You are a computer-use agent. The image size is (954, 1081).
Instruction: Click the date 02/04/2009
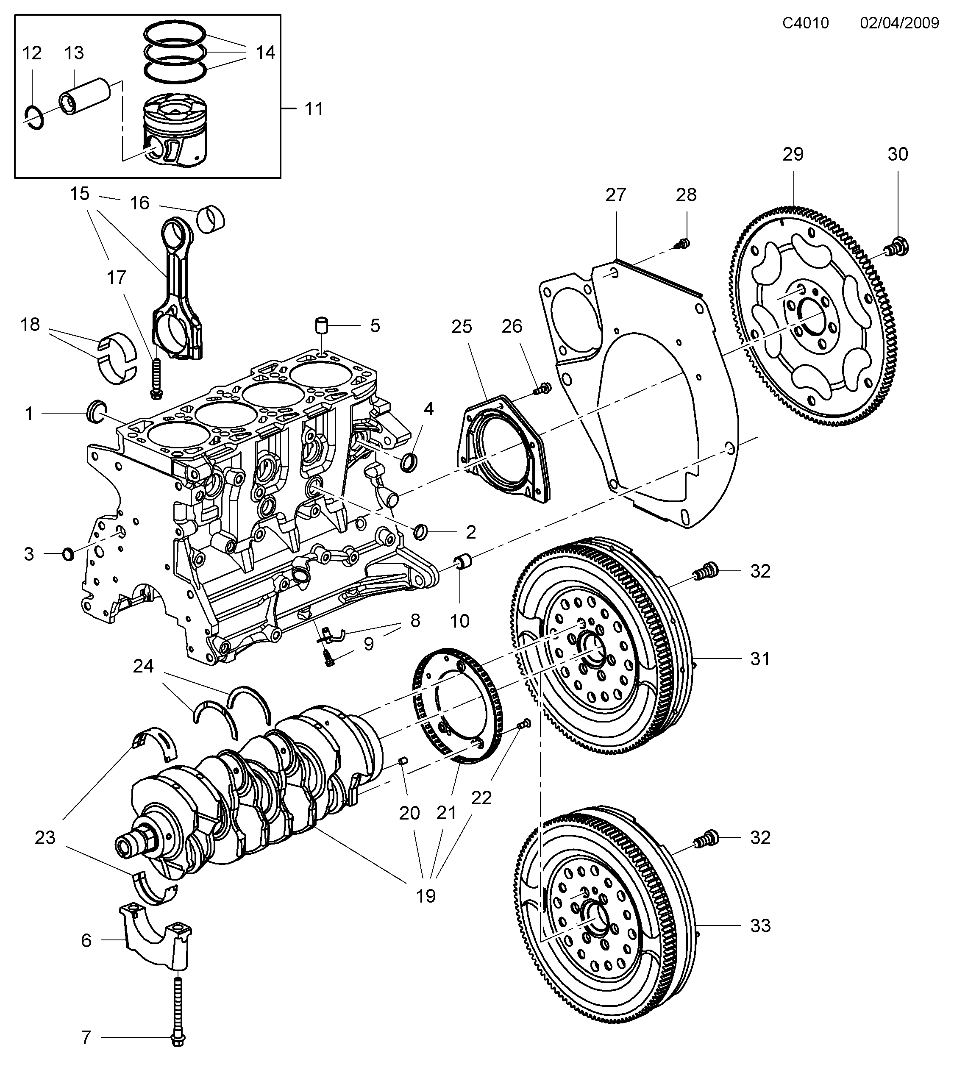coord(899,23)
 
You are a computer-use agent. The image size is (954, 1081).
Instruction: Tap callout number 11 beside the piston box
coord(314,109)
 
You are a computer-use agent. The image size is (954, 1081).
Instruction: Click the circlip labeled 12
coord(34,118)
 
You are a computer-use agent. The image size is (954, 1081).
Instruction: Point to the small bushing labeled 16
coord(211,217)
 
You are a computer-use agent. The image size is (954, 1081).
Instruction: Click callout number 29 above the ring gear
coord(793,154)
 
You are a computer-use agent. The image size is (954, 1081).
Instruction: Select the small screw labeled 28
coord(683,243)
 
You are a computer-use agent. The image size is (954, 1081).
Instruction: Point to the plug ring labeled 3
coord(68,554)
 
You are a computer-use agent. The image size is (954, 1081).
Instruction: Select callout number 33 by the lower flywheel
coord(760,925)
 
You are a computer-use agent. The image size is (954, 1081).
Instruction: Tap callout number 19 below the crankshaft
coord(426,896)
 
